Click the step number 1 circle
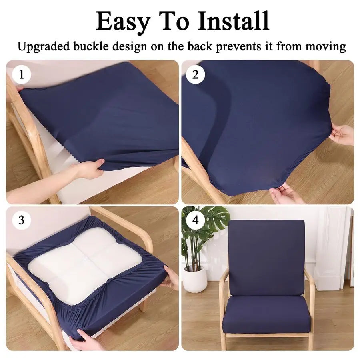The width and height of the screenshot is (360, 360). point(22,74)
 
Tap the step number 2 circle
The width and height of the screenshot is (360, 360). point(196,74)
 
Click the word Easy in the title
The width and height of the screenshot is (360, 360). point(122,22)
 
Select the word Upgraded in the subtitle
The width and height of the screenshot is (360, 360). point(43,46)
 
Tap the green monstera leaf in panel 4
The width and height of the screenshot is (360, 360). point(216,218)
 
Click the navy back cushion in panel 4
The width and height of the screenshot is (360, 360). point(267,256)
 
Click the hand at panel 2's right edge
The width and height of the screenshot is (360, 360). point(341,135)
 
